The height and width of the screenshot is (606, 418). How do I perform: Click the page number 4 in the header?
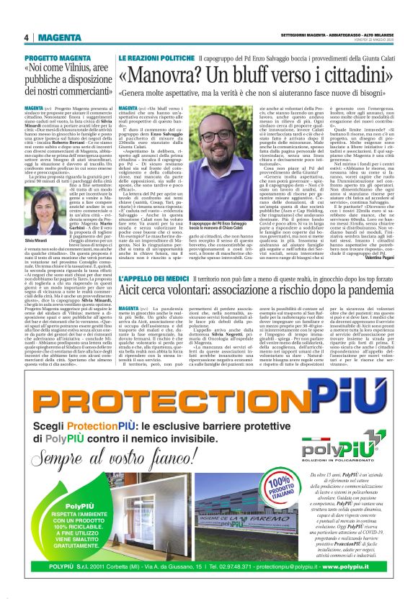26,37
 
